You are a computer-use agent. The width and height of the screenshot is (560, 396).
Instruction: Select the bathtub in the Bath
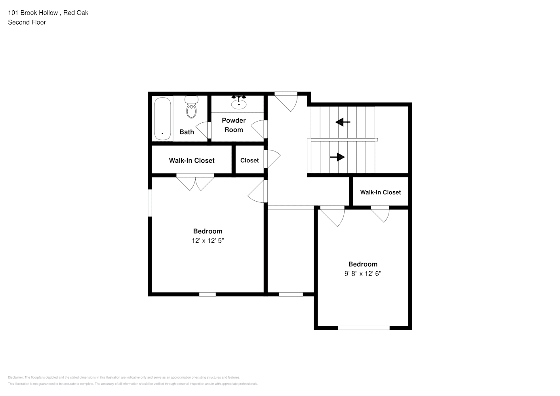point(162,119)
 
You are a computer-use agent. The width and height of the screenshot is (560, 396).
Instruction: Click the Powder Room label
point(234,125)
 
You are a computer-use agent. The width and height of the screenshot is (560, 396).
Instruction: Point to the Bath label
point(187,132)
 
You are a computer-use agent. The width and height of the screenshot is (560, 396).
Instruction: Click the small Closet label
point(250,160)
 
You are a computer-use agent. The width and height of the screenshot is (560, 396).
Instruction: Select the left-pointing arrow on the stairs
point(343,122)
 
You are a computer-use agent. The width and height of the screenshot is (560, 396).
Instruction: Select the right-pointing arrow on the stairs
point(337,157)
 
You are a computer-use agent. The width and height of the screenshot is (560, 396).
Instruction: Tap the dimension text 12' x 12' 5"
point(208,240)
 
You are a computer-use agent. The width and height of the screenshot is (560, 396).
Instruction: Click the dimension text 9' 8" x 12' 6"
point(363,273)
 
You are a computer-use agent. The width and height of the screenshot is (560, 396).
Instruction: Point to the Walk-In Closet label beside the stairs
point(380,192)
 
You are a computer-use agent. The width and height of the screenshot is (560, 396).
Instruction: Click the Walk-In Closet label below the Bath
point(192,160)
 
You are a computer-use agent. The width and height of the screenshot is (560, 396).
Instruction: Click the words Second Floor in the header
point(27,22)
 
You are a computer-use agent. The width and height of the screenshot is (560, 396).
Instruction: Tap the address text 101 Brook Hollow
point(33,13)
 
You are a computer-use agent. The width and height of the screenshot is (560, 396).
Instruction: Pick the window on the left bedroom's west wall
point(150,203)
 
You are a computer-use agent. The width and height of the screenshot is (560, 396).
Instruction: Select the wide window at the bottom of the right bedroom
point(364,328)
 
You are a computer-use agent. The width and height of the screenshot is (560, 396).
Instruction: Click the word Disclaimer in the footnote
point(15,377)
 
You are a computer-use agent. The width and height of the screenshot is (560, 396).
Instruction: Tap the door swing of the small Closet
point(272,159)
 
